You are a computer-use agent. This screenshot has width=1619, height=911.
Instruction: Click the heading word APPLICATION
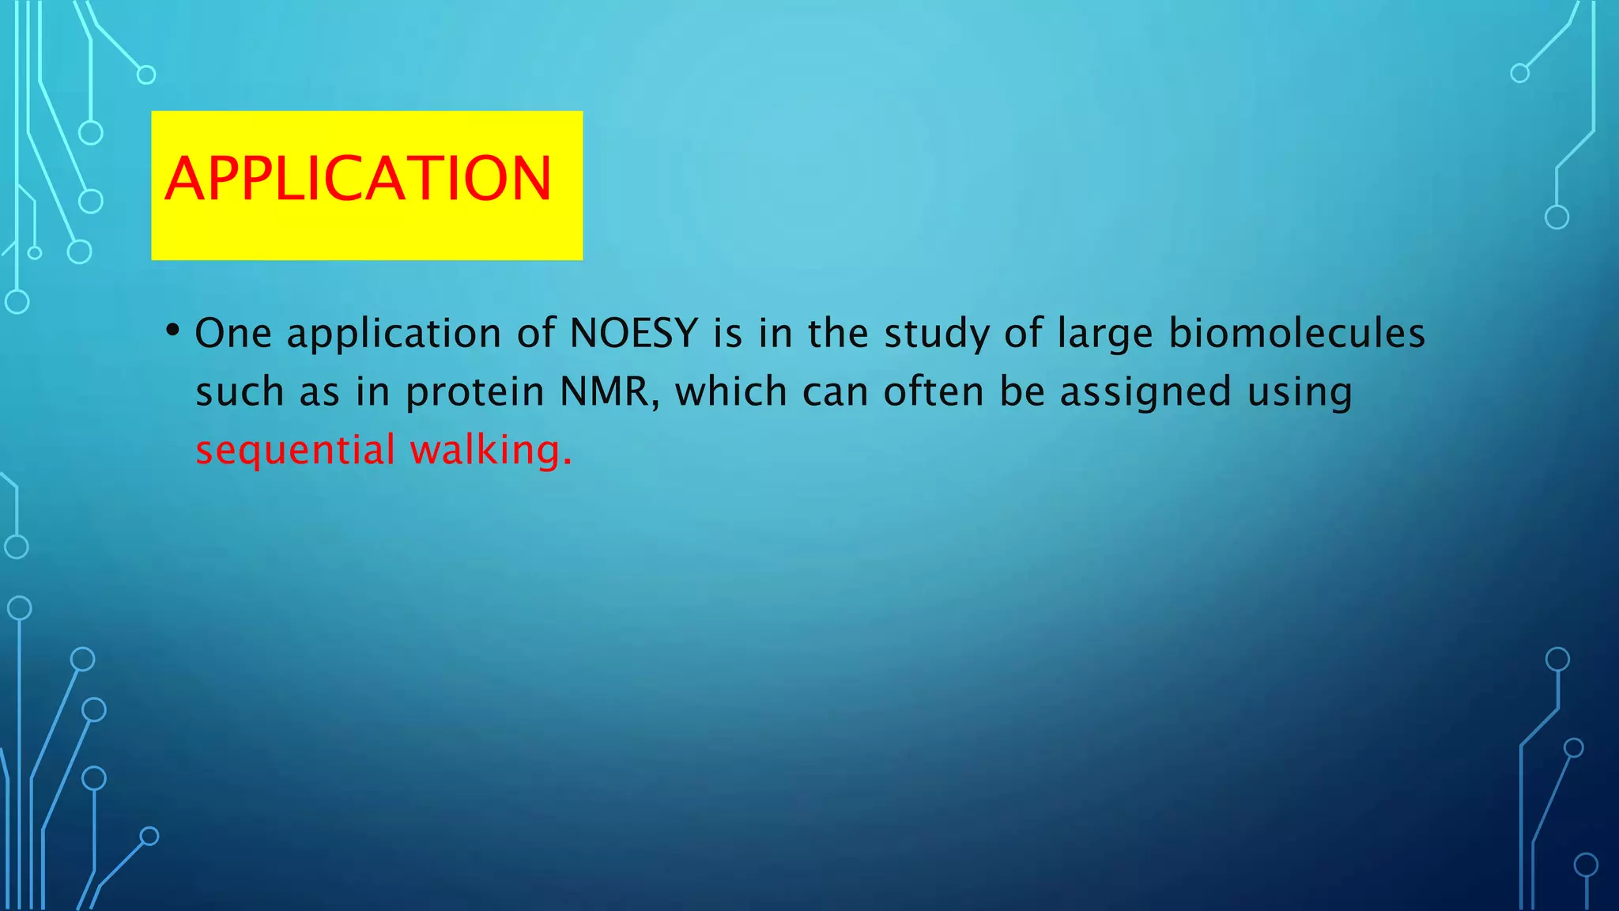coord(358,179)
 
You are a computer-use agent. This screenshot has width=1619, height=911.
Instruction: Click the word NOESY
coord(633,333)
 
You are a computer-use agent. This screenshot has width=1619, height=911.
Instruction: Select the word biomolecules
coord(1296,333)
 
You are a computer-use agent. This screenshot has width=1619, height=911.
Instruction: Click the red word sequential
coord(295,450)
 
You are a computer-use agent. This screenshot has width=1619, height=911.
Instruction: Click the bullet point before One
coord(173,329)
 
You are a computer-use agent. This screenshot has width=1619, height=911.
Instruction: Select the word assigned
coord(1145,391)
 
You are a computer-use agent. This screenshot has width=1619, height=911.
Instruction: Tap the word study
coord(936,333)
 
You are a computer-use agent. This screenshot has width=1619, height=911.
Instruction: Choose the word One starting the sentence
coord(232,333)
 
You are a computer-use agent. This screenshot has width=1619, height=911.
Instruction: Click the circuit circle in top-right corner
coord(1519,74)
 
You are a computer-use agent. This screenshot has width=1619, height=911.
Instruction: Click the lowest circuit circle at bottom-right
coord(1586,865)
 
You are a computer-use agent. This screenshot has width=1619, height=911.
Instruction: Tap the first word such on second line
coord(240,391)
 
